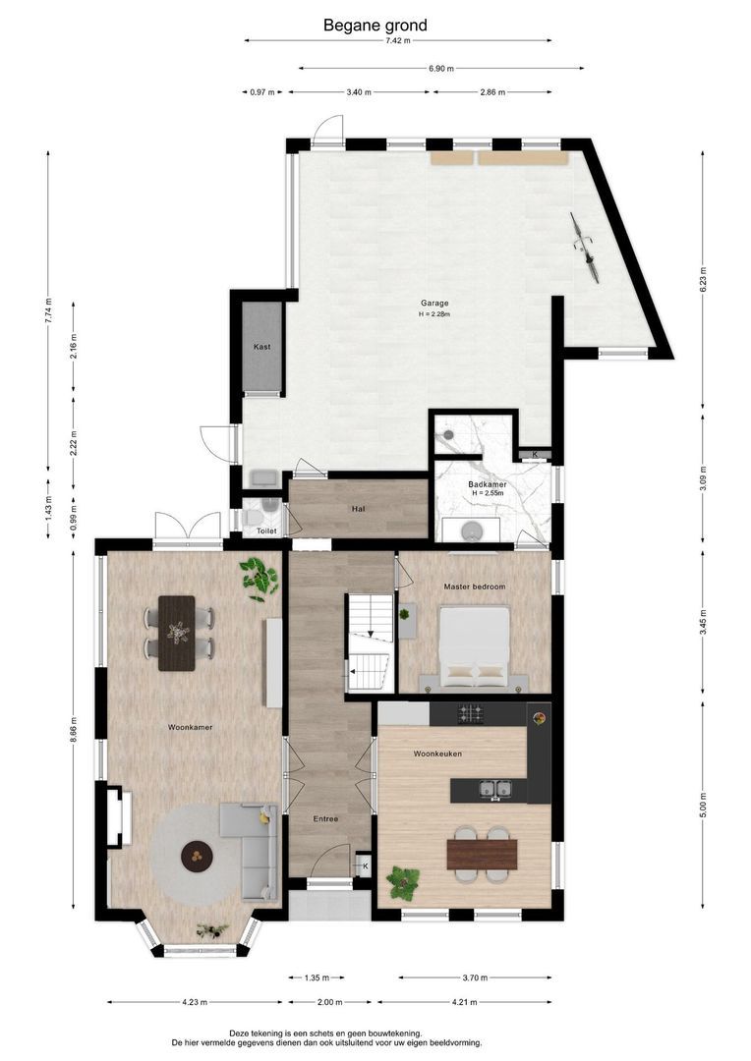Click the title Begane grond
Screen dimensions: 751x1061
pos(375,26)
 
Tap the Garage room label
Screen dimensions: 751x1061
pos(434,304)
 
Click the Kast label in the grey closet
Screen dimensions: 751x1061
pos(262,347)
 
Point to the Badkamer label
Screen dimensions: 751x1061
pos(487,484)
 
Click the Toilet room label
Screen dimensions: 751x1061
pos(266,531)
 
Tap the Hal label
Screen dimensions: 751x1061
pos(358,508)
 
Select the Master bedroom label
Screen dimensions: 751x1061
pos(474,586)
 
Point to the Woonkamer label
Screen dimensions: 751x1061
pos(191,727)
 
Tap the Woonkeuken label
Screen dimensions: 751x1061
pos(437,754)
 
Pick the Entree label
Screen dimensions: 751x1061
pos(325,818)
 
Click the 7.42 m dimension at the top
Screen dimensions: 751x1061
pos(398,40)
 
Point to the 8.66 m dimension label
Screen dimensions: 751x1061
pos(74,731)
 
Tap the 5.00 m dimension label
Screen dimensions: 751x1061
pos(704,805)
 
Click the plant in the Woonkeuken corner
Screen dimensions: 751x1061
pos(403,883)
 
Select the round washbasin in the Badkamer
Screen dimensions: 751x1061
pos(470,531)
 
